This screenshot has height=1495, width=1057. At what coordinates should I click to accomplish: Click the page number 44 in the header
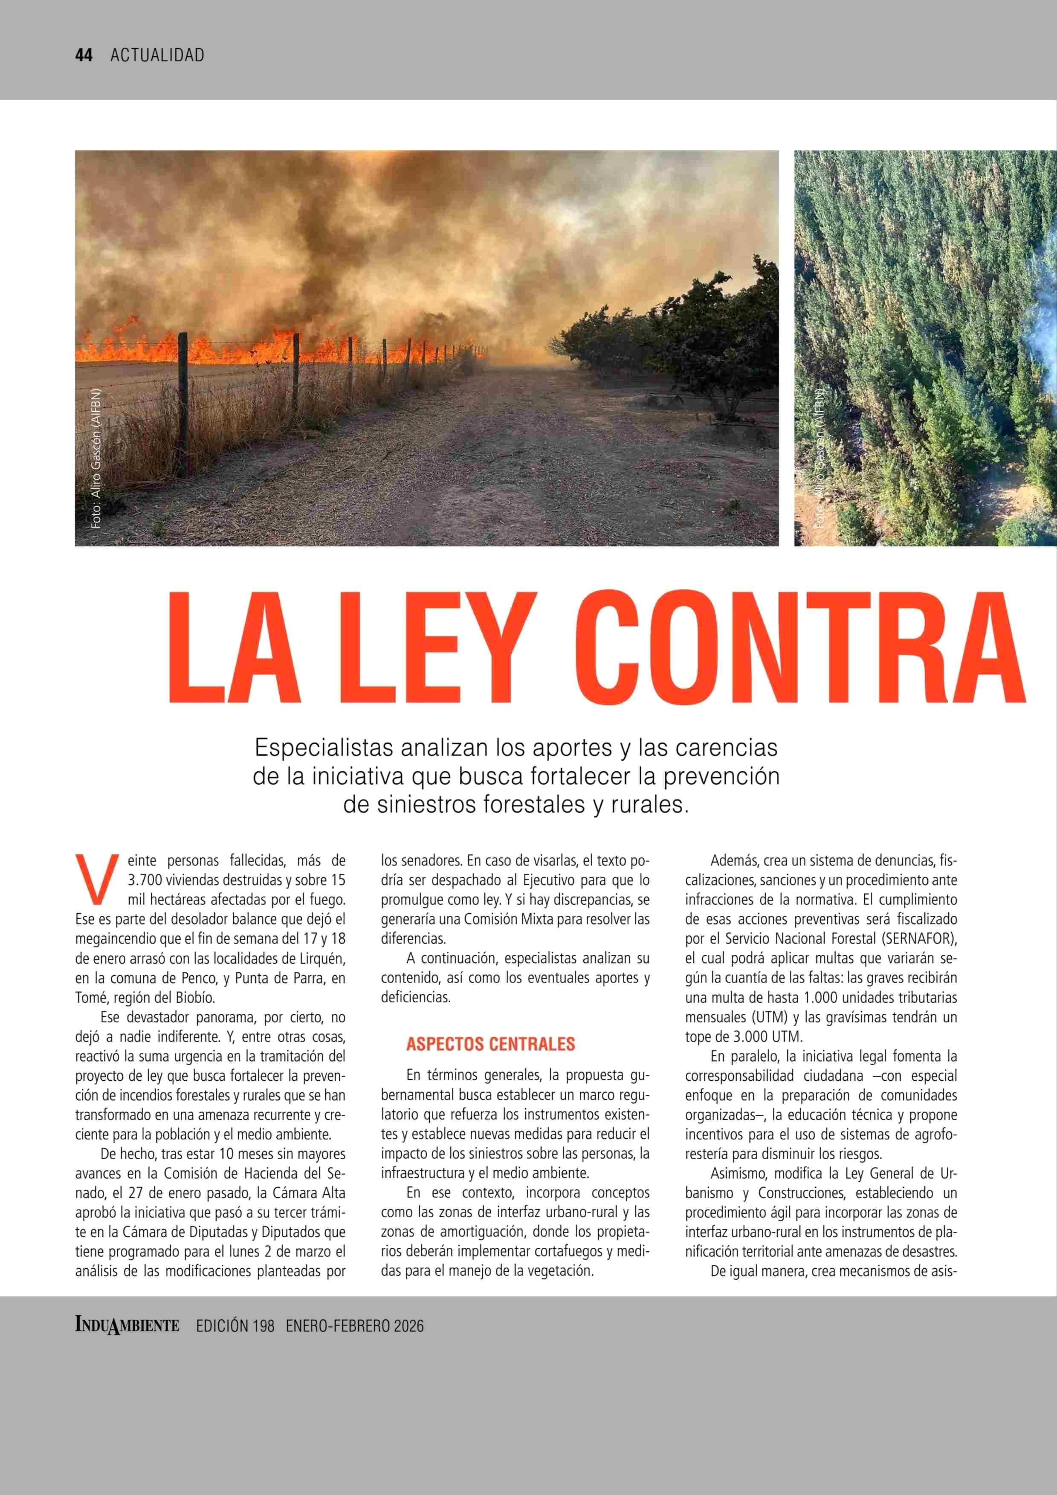click(84, 55)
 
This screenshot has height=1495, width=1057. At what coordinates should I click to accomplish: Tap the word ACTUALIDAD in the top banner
click(157, 55)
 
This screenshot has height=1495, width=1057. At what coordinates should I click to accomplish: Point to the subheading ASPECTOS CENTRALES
click(490, 1044)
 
